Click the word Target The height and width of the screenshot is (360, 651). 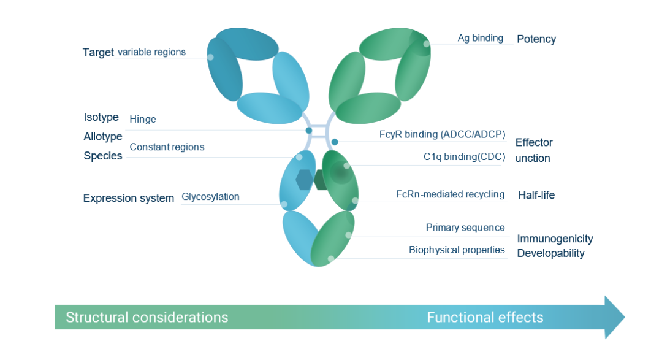[98, 53]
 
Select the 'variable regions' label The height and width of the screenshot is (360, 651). [151, 52]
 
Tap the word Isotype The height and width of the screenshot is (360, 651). [101, 117]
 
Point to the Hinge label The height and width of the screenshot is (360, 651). [143, 119]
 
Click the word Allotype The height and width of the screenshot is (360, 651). [103, 136]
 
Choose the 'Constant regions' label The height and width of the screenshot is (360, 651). [167, 147]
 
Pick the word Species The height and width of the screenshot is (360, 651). [103, 156]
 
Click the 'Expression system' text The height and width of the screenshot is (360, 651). [129, 198]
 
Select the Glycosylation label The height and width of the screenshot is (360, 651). [210, 197]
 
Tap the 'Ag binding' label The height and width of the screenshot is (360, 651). [480, 38]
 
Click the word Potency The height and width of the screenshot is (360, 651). [536, 39]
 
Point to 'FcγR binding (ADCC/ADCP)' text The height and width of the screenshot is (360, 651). [442, 134]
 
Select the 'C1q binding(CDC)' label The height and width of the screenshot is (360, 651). [464, 156]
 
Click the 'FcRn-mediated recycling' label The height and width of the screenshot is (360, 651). [450, 194]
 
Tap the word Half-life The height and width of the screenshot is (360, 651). [536, 195]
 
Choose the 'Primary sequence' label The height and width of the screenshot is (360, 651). [465, 228]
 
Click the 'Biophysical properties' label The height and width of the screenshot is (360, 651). [457, 250]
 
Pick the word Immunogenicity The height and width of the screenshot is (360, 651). [555, 239]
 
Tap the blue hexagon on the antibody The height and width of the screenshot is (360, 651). [305, 179]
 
